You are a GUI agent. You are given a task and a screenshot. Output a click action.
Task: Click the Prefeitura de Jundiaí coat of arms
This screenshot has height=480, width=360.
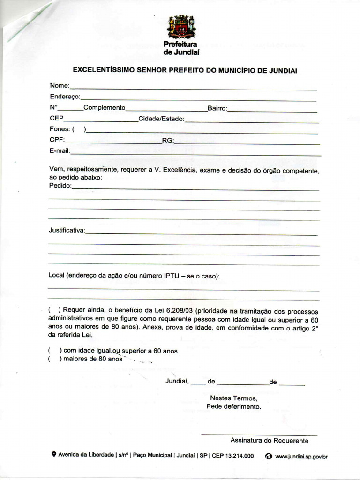181,27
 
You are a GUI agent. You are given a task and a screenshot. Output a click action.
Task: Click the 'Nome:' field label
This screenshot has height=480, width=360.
60,86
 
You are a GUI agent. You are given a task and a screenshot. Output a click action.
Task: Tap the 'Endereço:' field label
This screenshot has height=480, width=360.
65,97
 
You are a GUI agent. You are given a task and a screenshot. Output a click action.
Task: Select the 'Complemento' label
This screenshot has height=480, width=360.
105,108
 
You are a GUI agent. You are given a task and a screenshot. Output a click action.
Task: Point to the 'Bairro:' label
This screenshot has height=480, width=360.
217,108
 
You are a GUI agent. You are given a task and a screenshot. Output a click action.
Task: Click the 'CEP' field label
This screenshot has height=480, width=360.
56,119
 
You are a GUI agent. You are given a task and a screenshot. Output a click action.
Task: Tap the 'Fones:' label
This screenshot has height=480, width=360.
60,129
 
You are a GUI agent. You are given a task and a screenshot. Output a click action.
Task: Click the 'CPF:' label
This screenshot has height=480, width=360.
57,140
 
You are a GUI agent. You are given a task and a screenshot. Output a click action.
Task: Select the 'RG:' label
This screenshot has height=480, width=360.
168,140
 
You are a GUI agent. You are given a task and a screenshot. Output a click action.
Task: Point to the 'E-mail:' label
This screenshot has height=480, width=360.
60,151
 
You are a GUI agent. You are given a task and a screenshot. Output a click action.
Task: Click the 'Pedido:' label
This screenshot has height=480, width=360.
60,186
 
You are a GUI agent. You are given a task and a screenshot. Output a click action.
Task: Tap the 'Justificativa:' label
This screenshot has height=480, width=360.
67,230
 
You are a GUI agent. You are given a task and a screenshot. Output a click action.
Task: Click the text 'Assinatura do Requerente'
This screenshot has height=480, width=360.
269,441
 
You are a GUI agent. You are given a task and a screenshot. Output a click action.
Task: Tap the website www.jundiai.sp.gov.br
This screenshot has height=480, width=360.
301,456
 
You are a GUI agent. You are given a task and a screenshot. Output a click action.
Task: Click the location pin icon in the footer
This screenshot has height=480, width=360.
54,454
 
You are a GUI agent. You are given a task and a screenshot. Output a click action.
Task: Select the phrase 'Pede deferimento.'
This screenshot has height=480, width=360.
233,406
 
